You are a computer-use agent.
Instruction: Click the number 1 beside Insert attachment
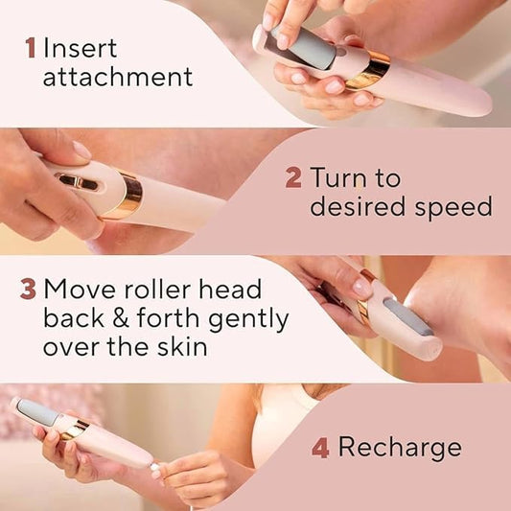[x=30, y=47]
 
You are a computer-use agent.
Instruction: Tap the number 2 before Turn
[x=292, y=177]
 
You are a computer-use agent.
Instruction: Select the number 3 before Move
[x=28, y=289]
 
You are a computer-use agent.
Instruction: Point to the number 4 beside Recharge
[x=319, y=448]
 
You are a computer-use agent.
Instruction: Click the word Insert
[x=82, y=47]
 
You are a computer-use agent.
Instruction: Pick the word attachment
[x=117, y=77]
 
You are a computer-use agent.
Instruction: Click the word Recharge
[x=400, y=448]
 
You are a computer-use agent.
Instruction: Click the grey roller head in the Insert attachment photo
[x=300, y=46]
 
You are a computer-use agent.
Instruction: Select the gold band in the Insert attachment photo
[x=369, y=69]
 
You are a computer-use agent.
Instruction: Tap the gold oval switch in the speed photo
[x=78, y=180]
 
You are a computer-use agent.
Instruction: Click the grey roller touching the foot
[x=406, y=316]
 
